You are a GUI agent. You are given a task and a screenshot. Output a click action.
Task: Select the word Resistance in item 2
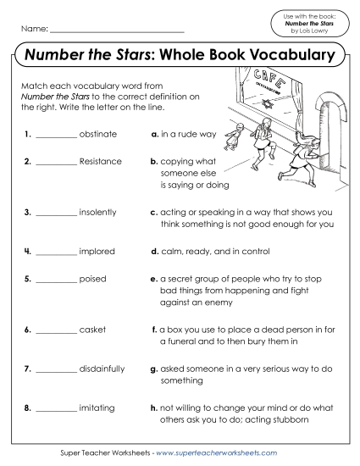(100, 161)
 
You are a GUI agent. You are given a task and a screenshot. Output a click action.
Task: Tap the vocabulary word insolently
(97, 212)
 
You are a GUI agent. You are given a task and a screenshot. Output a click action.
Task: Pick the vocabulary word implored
(97, 252)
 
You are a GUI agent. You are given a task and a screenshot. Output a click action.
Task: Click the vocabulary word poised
(92, 277)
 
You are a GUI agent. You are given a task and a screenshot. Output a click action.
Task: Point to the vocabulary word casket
(92, 329)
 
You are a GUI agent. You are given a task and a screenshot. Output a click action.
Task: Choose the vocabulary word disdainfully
(102, 369)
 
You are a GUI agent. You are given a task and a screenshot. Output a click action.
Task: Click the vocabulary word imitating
(97, 408)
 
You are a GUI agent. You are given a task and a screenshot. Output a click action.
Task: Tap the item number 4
(28, 252)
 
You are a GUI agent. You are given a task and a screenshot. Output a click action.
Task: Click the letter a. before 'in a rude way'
(154, 135)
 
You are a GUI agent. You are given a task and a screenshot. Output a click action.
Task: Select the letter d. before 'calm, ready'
(154, 252)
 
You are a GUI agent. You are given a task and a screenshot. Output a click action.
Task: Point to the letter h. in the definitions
(154, 408)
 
